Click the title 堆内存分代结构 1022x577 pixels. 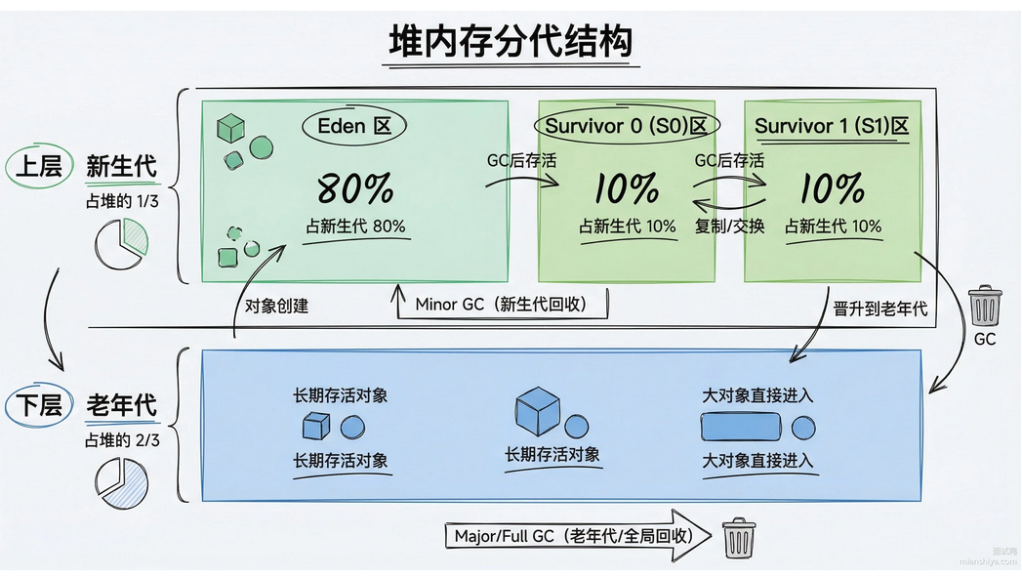click(511, 42)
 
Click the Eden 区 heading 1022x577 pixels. click(354, 125)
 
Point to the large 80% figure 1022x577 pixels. click(354, 186)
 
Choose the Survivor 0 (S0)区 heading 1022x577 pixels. click(626, 126)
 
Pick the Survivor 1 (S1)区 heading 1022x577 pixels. click(832, 126)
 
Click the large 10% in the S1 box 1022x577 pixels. click(833, 186)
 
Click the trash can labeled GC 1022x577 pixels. click(985, 306)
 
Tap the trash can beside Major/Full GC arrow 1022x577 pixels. click(737, 537)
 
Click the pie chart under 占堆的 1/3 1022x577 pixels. click(122, 241)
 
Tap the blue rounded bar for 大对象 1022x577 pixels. click(741, 428)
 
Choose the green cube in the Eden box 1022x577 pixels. click(229, 128)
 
